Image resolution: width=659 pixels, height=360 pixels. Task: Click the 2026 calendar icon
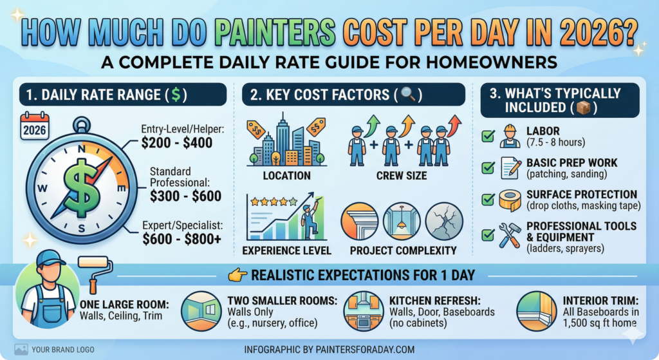pos(35,126)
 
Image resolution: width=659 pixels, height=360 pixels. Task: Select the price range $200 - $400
pos(177,143)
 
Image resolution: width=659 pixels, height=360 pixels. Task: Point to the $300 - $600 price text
pos(186,196)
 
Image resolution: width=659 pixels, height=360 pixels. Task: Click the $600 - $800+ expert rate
pos(181,239)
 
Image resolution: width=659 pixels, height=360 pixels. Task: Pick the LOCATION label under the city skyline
pos(286,176)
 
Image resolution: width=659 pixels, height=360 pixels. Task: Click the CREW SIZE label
pos(402,176)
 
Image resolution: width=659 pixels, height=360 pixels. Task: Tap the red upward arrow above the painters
pos(454,126)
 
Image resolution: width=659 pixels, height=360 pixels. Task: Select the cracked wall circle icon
pos(444,221)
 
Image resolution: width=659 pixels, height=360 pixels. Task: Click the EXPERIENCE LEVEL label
pos(286,251)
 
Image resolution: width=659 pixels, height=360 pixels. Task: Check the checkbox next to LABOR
pos(488,136)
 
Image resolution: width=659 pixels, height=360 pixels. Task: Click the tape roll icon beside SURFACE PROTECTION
pos(510,200)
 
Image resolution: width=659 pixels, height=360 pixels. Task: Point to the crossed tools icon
pos(510,234)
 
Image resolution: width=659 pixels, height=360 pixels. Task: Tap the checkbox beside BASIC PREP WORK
pos(488,168)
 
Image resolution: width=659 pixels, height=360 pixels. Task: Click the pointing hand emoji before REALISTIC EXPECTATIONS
pos(237,275)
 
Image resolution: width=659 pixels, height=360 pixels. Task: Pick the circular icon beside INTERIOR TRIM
pos(536,311)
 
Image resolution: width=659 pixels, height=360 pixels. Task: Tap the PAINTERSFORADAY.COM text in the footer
pos(365,350)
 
